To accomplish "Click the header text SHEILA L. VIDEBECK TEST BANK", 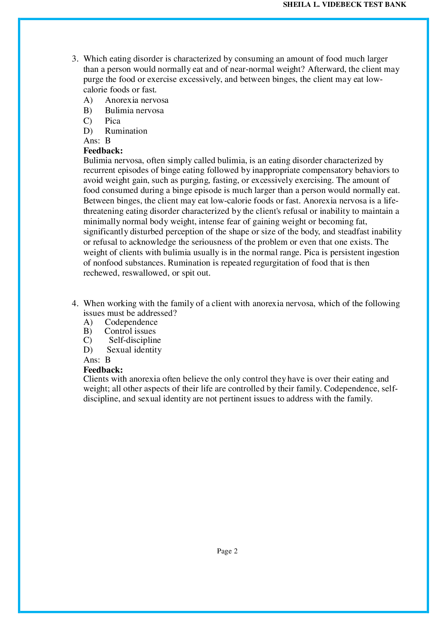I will pyautogui.click(x=345, y=5).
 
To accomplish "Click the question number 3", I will pyautogui.click(x=74, y=59).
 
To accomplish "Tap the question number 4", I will pyautogui.click(x=74, y=303).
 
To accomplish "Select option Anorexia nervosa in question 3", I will pyautogui.click(x=137, y=100).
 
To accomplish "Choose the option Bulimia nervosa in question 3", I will pyautogui.click(x=134, y=110).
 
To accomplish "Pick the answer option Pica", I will pyautogui.click(x=112, y=121).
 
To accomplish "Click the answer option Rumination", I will pyautogui.click(x=126, y=131).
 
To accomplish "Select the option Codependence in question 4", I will pyautogui.click(x=131, y=322).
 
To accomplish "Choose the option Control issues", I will pyautogui.click(x=130, y=331).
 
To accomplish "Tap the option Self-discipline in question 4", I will pyautogui.click(x=135, y=340).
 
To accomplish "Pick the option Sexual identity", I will pyautogui.click(x=134, y=350).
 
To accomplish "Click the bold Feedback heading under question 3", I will pyautogui.click(x=103, y=151).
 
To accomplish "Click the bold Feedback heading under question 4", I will pyautogui.click(x=103, y=370).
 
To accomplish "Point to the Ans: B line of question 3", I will pyautogui.click(x=97, y=141).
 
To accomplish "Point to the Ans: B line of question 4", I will pyautogui.click(x=97, y=360).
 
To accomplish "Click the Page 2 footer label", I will pyautogui.click(x=227, y=551).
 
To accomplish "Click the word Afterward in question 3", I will pyautogui.click(x=327, y=69).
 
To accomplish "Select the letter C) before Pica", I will pyautogui.click(x=88, y=121).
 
